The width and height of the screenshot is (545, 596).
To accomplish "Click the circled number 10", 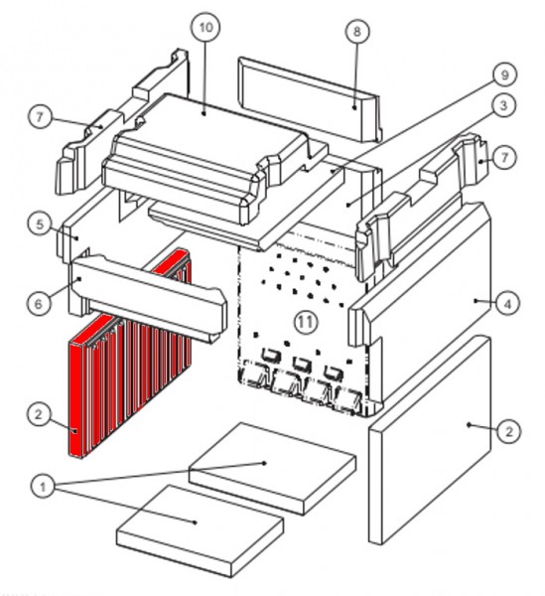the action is coord(205,28).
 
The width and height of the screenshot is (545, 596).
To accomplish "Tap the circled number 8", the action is coord(357,32).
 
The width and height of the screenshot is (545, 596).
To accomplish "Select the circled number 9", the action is coord(504,74).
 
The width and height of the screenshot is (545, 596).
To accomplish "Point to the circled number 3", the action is coord(503,105).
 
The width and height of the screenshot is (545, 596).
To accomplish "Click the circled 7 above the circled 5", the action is coord(41,116).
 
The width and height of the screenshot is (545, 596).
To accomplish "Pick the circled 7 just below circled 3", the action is coord(504,157).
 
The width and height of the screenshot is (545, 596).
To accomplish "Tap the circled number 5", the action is coord(40,224).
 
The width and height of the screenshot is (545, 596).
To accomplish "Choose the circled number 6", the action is coord(39,303).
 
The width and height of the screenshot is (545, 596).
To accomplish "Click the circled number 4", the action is coord(508,303).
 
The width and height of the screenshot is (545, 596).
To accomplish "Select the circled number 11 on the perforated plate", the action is coord(305,322).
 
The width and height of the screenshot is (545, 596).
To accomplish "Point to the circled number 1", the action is coord(43,487).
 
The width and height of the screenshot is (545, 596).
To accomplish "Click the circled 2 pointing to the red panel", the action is coord(39,414).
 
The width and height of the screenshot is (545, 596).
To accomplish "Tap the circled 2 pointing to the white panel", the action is coord(508,431).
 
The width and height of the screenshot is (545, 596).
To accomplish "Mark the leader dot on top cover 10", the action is coord(204,113).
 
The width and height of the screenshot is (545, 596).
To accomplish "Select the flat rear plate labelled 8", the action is coord(310,99).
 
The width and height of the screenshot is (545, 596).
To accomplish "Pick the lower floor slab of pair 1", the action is coord(201,530).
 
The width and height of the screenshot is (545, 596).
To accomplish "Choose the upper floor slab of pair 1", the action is coord(273,468).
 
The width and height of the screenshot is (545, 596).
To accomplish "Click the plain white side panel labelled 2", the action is coord(430,439).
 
